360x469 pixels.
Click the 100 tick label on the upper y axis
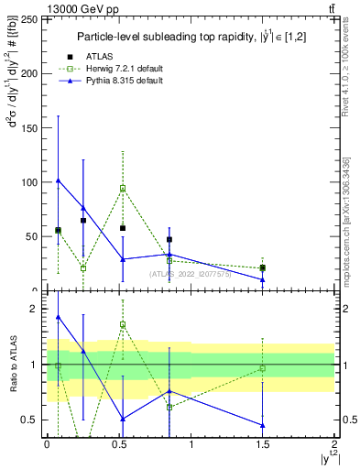tap(30, 182)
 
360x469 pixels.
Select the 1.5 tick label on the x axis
tap(263, 444)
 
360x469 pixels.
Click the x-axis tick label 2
tap(334, 444)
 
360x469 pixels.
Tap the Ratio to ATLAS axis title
tap(13, 365)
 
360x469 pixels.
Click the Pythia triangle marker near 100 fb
tap(58, 180)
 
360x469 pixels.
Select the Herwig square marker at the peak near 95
tap(123, 189)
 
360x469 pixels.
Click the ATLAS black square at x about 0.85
tap(169, 240)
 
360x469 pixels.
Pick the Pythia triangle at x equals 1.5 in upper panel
tap(263, 279)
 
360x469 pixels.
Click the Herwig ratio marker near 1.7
tap(123, 324)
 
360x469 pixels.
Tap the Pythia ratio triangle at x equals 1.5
tap(263, 425)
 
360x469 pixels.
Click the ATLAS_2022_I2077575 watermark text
tap(188, 273)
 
